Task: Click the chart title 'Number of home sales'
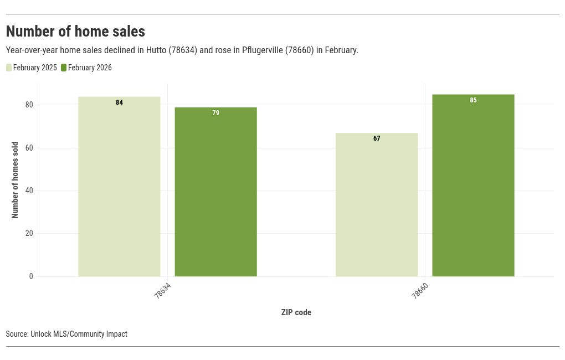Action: coord(75,32)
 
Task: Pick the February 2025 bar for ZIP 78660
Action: coord(377,204)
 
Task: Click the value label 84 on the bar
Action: coord(119,102)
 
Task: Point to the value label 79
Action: coord(215,113)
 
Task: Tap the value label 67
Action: coord(377,138)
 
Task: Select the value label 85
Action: coord(473,100)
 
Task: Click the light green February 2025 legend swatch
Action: coord(9,68)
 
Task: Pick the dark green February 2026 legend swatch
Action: coord(64,68)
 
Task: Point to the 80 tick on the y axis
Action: coord(29,105)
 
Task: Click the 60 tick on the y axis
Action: coord(29,148)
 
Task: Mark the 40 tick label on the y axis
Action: coord(29,191)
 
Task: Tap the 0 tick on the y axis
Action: coord(31,276)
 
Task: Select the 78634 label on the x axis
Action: coord(162,291)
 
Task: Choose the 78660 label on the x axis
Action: coord(420,291)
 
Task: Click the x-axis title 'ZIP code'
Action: coord(296,312)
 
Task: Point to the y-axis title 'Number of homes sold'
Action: coord(15,180)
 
